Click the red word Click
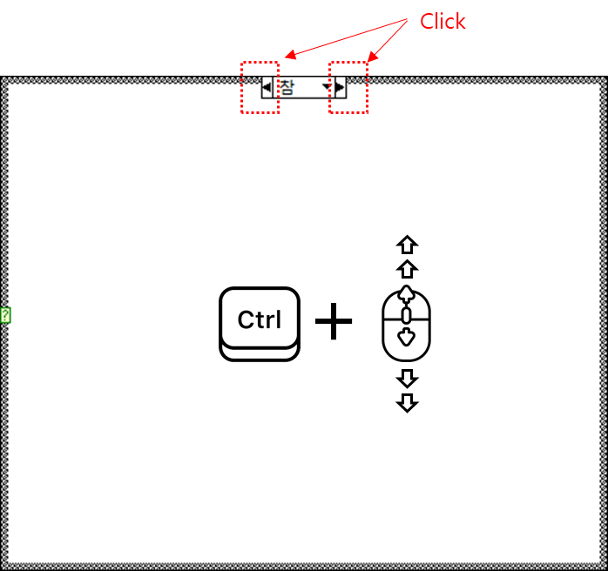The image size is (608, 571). pos(442,22)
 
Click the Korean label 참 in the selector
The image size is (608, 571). pos(287,86)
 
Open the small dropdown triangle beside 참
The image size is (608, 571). pos(327,87)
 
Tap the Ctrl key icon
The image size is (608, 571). pos(260,322)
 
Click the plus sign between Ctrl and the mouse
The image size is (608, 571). pos(334,323)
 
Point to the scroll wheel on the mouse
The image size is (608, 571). pos(407,314)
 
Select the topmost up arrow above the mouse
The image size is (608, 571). pos(407,245)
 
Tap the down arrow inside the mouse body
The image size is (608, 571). pos(407,337)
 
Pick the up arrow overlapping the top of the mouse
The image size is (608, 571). pos(407,292)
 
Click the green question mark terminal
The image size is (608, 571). pos(5,315)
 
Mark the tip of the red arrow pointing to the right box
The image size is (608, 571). pos(367,62)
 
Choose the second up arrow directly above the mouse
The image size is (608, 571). pos(407,268)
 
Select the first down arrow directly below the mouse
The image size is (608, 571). pos(407,378)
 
